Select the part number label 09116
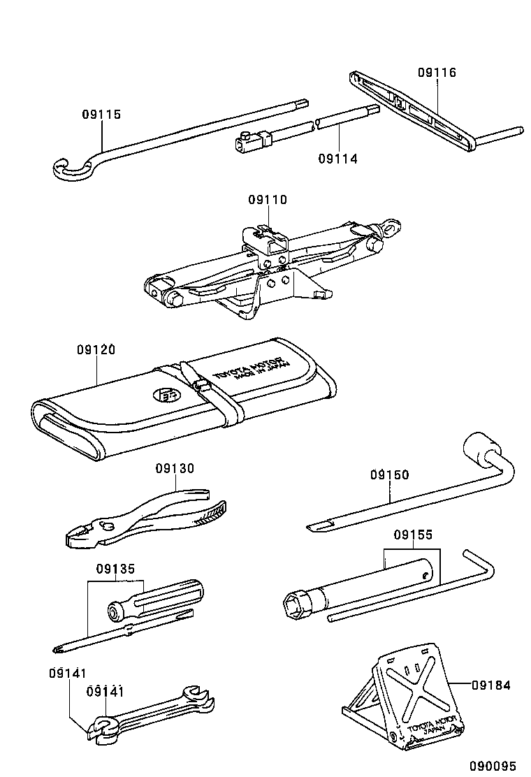click(437, 72)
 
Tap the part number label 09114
click(337, 159)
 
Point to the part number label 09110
click(267, 200)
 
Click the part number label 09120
click(96, 349)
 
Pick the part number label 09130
click(175, 468)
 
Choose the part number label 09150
click(389, 474)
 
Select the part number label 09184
click(490, 685)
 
